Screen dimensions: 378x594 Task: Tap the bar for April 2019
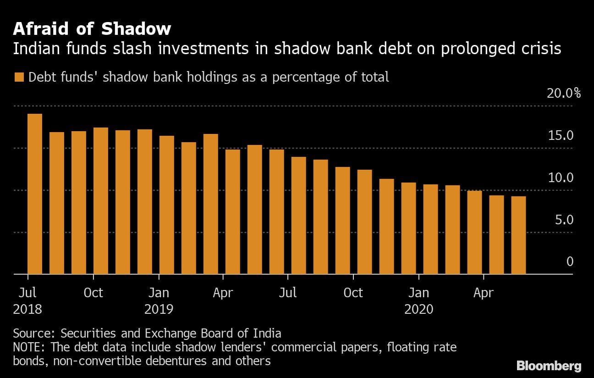tap(233, 211)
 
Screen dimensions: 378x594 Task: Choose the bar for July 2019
tap(298, 215)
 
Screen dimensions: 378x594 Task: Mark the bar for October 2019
tap(364, 222)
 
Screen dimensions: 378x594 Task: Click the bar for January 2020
tap(430, 229)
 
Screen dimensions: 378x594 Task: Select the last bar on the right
tap(518, 235)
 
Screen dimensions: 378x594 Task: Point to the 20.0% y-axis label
tap(563, 94)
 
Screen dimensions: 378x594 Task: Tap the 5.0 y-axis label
tap(564, 220)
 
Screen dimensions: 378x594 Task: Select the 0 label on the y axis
tap(570, 261)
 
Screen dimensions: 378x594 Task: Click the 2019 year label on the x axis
tap(159, 309)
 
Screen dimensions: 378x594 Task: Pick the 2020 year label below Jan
tap(418, 309)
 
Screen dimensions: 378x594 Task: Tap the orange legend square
tap(19, 77)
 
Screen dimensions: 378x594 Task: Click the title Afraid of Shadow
tap(92, 29)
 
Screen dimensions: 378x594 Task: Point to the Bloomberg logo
tap(549, 366)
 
